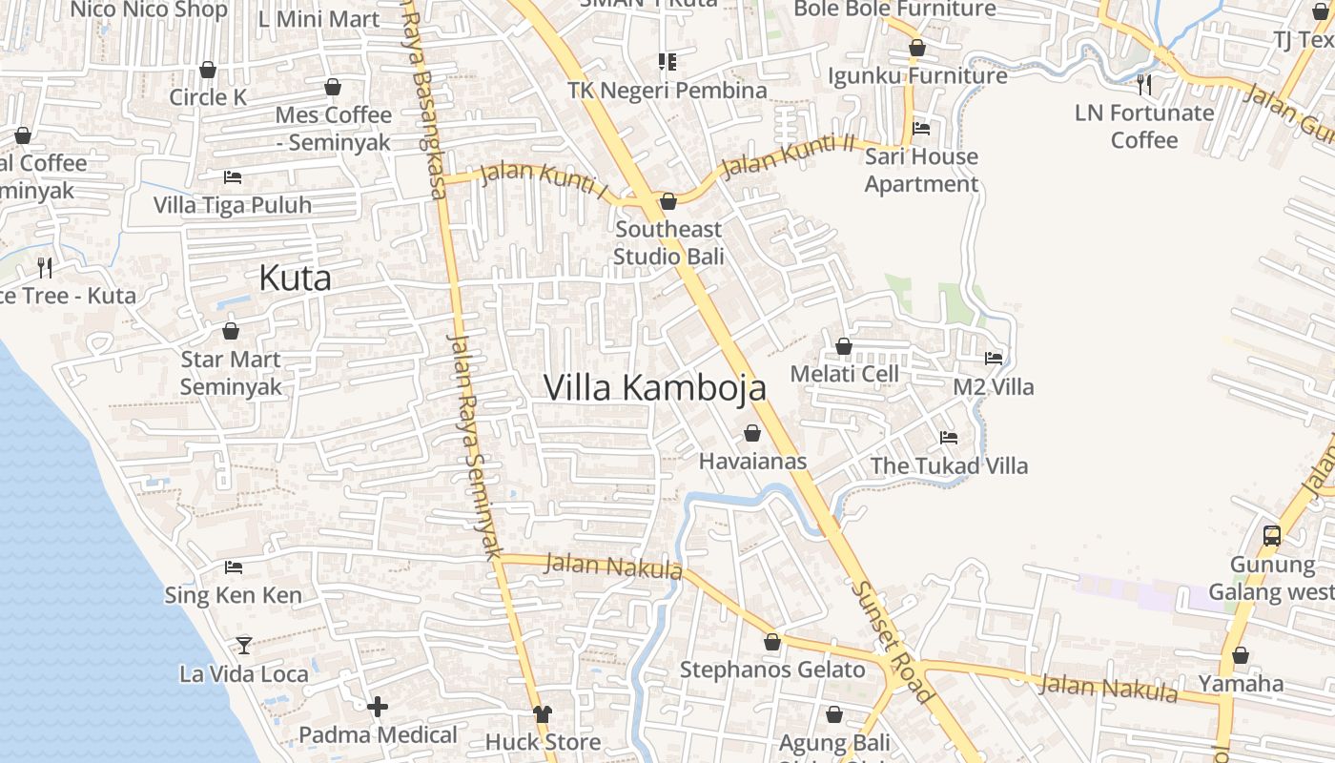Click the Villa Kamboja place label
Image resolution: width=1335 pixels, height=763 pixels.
click(655, 387)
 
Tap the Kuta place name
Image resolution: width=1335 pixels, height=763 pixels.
click(296, 278)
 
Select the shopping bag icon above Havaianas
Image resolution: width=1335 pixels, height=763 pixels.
click(752, 434)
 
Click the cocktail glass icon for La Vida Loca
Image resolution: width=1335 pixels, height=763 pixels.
click(244, 646)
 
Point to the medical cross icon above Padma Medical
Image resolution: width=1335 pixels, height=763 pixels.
click(378, 707)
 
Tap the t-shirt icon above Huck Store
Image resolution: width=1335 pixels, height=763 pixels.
click(543, 713)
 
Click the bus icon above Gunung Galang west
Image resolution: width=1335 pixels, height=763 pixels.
click(1272, 536)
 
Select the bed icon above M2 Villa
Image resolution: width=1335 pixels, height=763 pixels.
click(994, 359)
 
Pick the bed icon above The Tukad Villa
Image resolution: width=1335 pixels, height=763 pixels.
click(949, 438)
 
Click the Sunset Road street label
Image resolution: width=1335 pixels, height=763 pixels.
click(894, 642)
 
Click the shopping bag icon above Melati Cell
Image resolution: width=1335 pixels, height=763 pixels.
click(844, 346)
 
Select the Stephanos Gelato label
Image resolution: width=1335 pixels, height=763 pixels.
click(772, 670)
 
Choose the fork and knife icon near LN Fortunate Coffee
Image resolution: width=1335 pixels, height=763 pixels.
click(1144, 85)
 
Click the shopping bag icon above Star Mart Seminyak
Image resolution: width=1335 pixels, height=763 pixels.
click(231, 332)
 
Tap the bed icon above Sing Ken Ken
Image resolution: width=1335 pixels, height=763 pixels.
click(234, 567)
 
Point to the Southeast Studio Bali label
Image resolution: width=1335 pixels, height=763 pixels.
click(668, 242)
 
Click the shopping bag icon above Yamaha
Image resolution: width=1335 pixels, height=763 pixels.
click(1241, 656)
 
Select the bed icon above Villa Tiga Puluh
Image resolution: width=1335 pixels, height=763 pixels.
click(233, 177)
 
